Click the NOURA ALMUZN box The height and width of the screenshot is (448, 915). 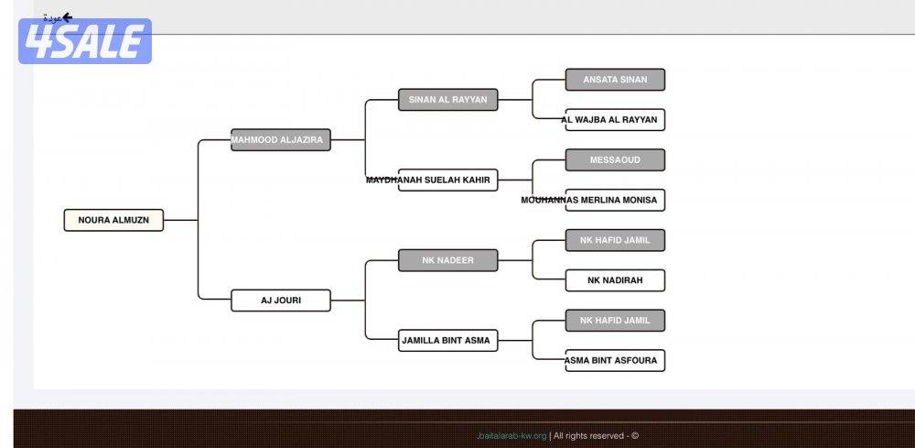[113, 220]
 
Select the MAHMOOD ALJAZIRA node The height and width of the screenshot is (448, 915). [280, 140]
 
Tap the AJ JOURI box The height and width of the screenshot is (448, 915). [280, 300]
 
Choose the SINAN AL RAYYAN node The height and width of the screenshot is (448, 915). [447, 100]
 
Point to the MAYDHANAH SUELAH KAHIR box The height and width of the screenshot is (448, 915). [447, 180]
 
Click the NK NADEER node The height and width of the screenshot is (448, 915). [447, 260]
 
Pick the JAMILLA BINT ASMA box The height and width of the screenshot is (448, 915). [447, 341]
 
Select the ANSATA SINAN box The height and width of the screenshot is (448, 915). [615, 80]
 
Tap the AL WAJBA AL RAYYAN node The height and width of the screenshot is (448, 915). [615, 120]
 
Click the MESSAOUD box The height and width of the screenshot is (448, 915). [615, 160]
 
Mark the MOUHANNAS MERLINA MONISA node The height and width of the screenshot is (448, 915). [615, 200]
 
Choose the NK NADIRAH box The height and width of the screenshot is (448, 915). [615, 280]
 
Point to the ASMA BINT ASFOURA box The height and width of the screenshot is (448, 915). [615, 361]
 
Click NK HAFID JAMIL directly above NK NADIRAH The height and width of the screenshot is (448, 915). [615, 240]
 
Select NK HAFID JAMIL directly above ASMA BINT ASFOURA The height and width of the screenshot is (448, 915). [615, 321]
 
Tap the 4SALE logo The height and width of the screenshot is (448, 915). [84, 41]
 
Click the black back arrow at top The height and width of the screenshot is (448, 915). [67, 16]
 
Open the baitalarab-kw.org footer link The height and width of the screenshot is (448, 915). [512, 436]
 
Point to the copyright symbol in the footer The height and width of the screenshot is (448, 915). [635, 436]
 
